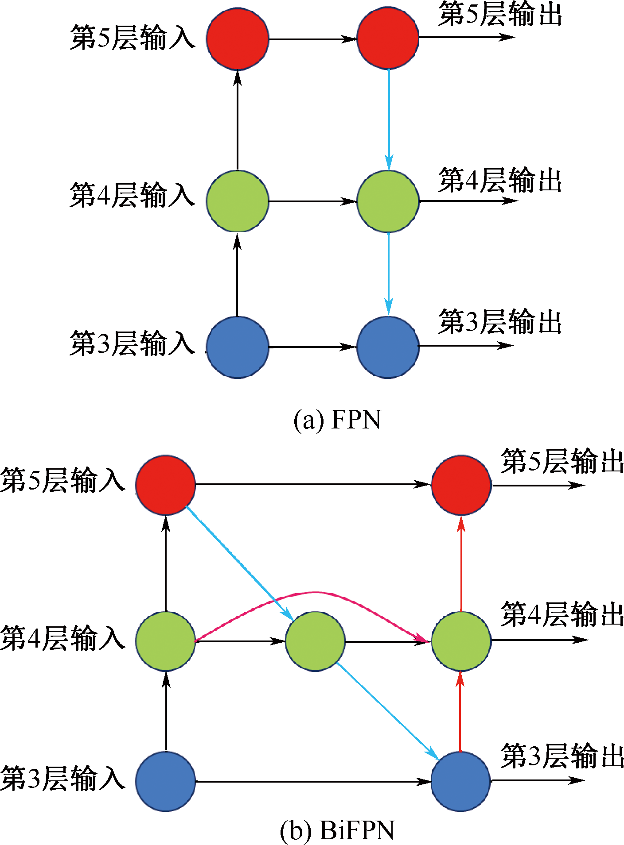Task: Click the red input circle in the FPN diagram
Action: tap(238, 39)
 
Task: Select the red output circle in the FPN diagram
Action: tap(388, 38)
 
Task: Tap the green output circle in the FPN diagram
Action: tap(388, 201)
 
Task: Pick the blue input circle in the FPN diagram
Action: tap(238, 347)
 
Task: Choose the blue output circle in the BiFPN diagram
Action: tap(461, 781)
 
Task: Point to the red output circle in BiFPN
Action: tap(461, 485)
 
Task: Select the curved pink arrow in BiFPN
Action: tap(315, 592)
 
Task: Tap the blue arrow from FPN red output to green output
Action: tap(389, 120)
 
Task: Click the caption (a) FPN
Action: tap(337, 420)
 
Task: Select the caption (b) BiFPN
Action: tap(337, 830)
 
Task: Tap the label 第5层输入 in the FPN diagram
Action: tap(132, 38)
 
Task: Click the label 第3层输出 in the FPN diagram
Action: tap(500, 322)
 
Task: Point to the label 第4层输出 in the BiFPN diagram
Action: tap(562, 614)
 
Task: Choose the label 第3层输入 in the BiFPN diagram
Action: tap(63, 779)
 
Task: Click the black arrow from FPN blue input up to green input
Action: tap(237, 274)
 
